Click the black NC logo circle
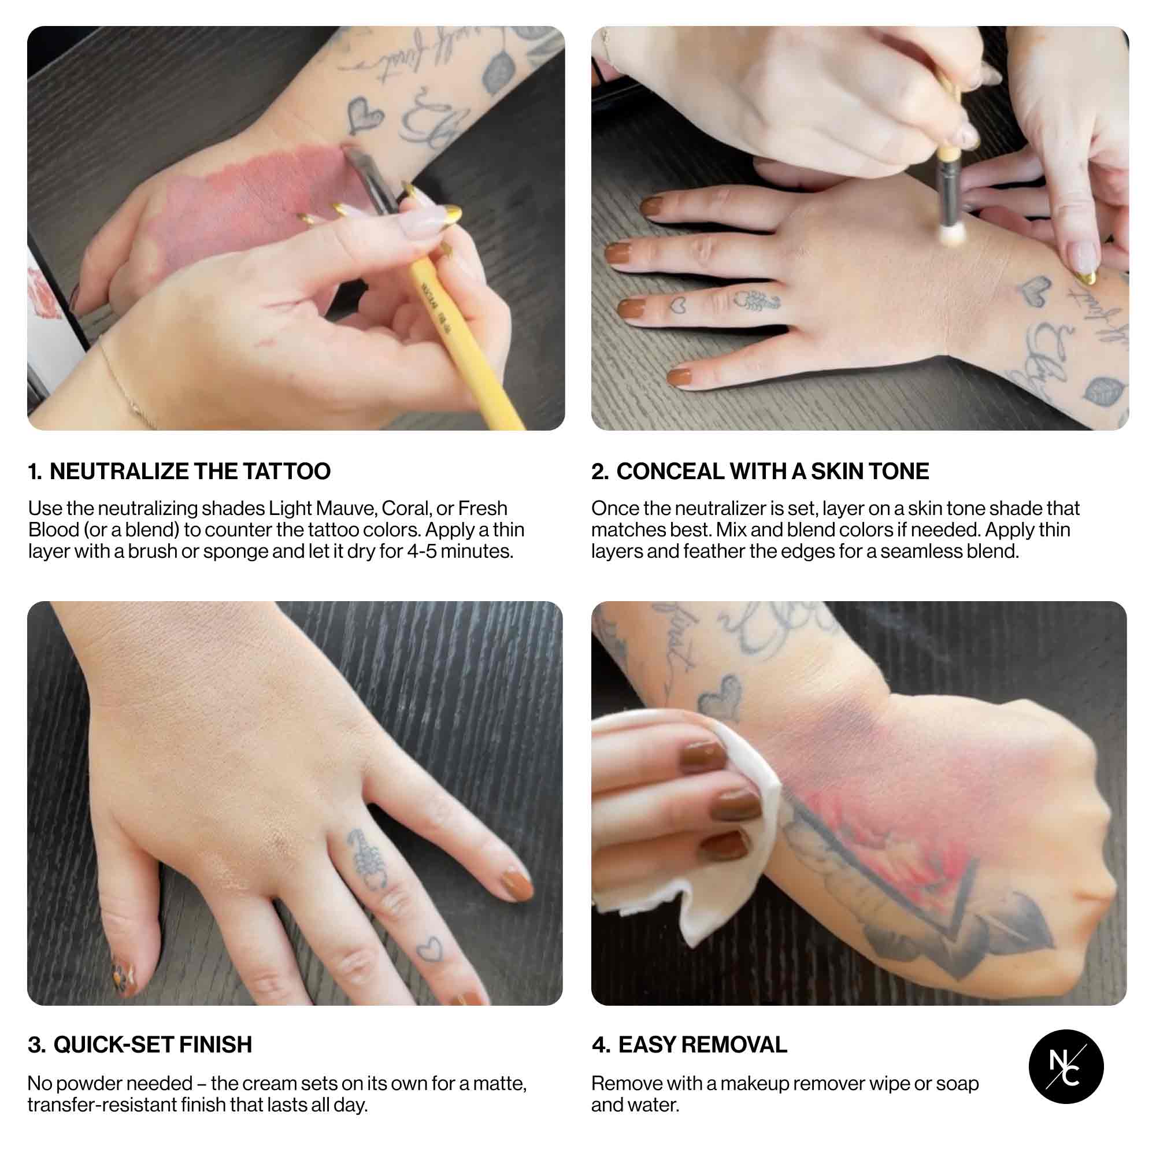[1066, 1067]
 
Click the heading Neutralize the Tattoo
[179, 472]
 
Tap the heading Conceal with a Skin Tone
[760, 472]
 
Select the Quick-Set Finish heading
[140, 1044]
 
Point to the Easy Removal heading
[690, 1044]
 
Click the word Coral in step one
[406, 509]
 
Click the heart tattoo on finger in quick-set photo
[428, 950]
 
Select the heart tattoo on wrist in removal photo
[721, 697]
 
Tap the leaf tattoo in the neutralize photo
[496, 73]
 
